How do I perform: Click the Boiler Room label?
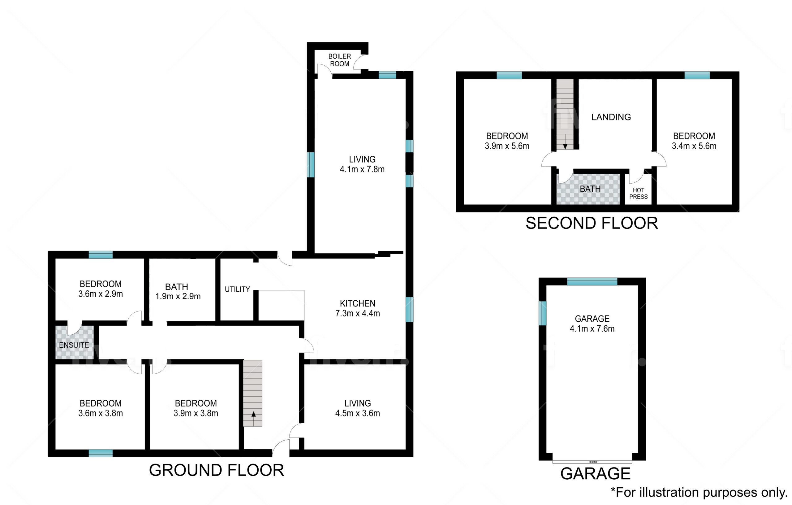[x=340, y=60]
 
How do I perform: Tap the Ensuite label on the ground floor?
[x=74, y=345]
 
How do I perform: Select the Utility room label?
[x=237, y=290]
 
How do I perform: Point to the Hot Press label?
[x=639, y=193]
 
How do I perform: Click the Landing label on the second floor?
[x=611, y=117]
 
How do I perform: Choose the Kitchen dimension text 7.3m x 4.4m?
[x=358, y=313]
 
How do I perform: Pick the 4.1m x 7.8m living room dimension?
[x=362, y=169]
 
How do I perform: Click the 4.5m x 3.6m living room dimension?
[x=358, y=413]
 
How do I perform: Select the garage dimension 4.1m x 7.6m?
[x=592, y=329]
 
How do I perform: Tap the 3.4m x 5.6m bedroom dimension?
[x=694, y=146]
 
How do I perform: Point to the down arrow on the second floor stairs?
[x=565, y=141]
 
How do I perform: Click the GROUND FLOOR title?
[x=217, y=470]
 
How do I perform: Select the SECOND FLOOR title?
[x=592, y=223]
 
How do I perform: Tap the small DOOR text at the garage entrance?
[x=593, y=462]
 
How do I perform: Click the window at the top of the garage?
[x=592, y=281]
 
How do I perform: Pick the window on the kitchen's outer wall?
[x=410, y=309]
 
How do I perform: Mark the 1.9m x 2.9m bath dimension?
[x=178, y=296]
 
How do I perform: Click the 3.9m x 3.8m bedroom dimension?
[x=196, y=413]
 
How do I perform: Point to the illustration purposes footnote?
[x=699, y=493]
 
